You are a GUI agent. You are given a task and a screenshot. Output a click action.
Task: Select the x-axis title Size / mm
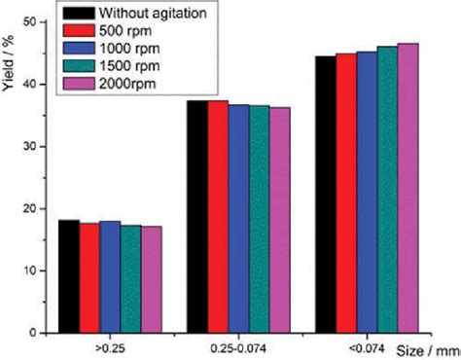427,347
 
